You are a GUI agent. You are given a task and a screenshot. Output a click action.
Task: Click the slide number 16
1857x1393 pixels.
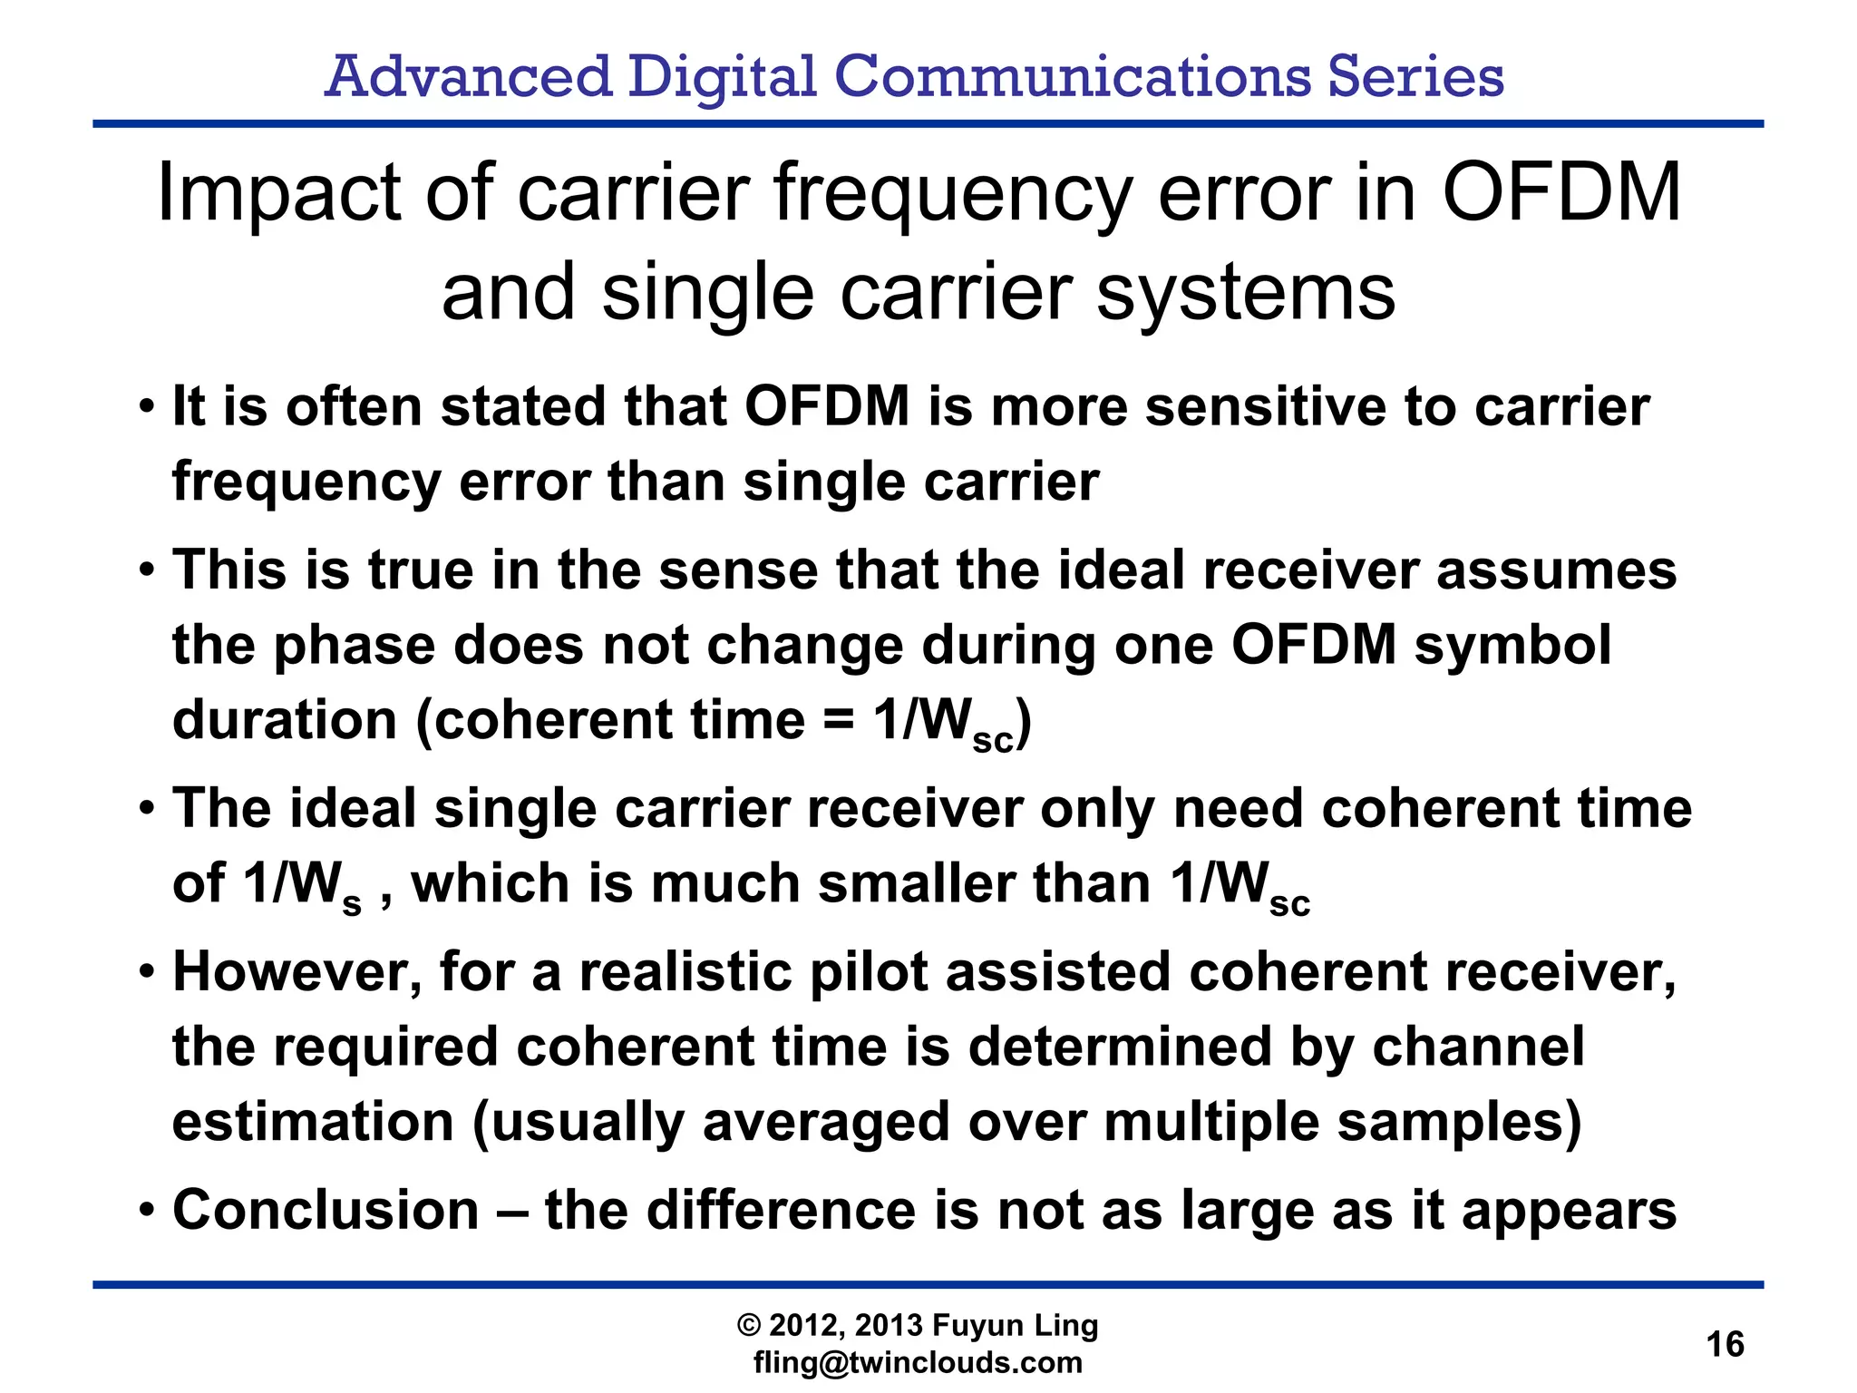1725,1344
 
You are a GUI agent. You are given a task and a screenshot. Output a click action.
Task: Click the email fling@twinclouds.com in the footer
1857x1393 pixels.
918,1363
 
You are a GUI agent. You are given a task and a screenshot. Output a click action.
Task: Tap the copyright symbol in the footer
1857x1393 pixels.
749,1326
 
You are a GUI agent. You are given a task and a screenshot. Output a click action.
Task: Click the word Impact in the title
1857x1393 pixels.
279,194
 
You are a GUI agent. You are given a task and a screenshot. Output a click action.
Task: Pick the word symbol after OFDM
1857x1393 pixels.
1512,645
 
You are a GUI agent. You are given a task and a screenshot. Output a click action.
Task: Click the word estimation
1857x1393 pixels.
313,1122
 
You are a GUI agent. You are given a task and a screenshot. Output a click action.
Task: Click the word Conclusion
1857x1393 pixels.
326,1210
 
